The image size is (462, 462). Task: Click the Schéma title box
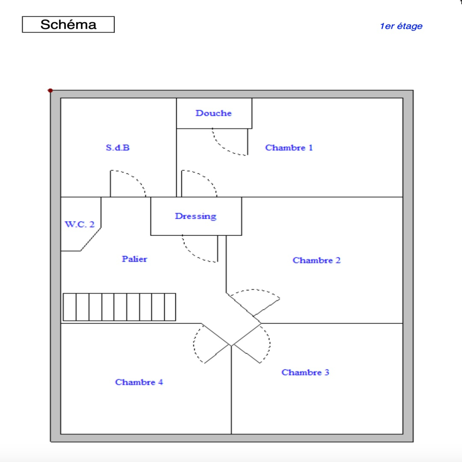[x=68, y=25]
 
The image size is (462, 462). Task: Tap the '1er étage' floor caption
[x=401, y=26]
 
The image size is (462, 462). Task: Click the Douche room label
[x=214, y=113]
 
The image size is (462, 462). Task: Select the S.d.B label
[x=118, y=148]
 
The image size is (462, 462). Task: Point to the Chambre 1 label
[x=289, y=148]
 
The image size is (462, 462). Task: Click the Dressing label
[x=196, y=216]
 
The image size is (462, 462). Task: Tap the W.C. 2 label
[x=80, y=224]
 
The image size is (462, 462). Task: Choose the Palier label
[x=134, y=259]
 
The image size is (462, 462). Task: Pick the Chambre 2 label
[x=316, y=260]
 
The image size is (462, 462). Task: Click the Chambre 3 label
[x=305, y=372]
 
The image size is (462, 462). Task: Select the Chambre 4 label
[x=139, y=382]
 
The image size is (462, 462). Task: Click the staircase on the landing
[x=119, y=307]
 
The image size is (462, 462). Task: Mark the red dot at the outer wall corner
[x=50, y=91]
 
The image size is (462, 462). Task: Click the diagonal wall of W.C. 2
[x=91, y=239]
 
